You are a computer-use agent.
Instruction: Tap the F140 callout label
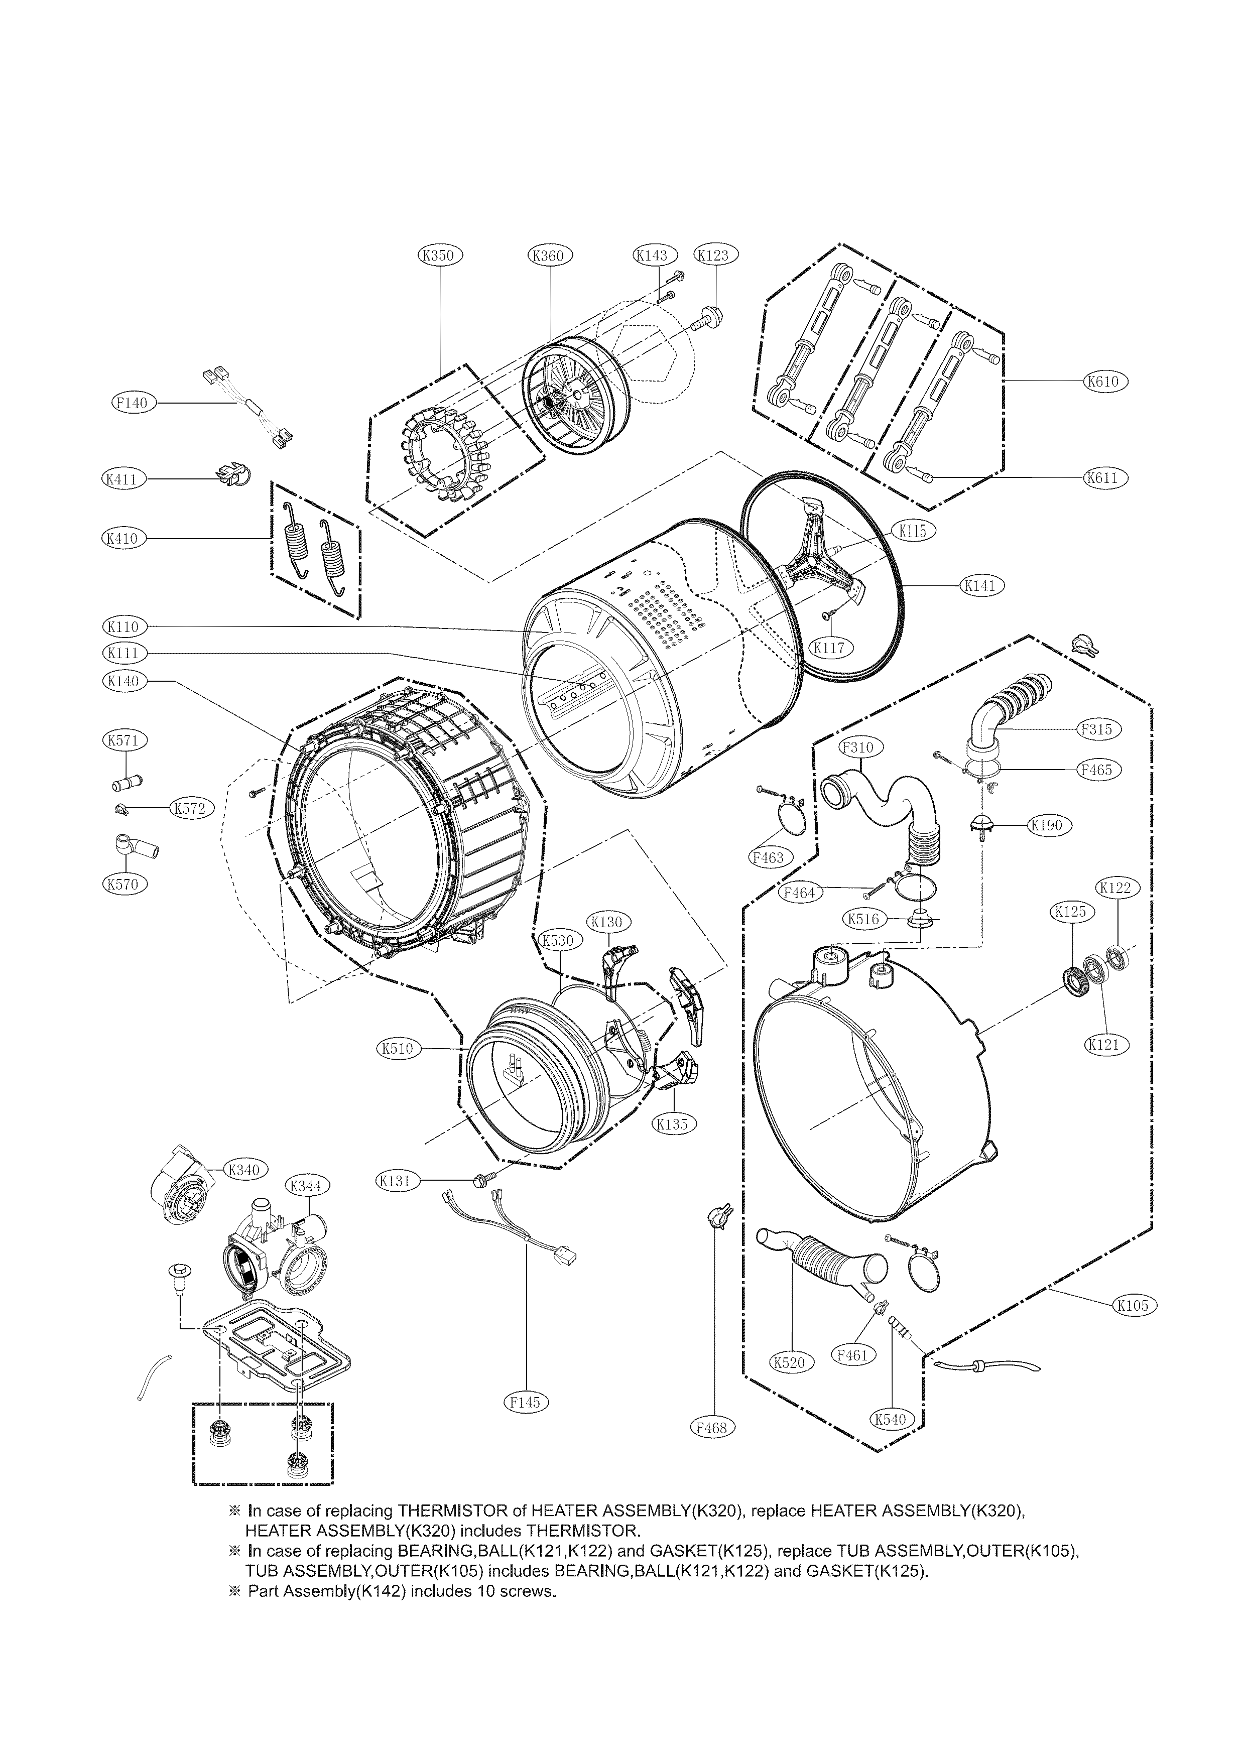point(134,403)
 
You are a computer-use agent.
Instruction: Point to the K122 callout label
point(1115,888)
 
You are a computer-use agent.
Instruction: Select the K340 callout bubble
point(244,1191)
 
